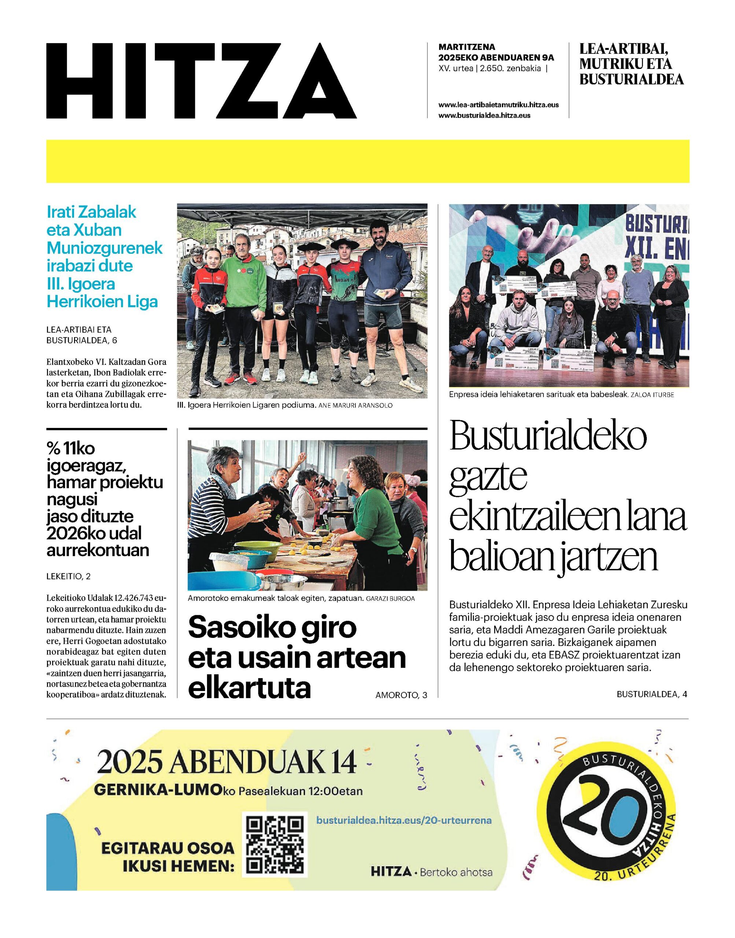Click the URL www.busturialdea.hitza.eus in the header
(484, 115)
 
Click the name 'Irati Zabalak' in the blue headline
(91, 212)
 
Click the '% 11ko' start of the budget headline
(71, 449)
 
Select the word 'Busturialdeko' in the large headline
(548, 437)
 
